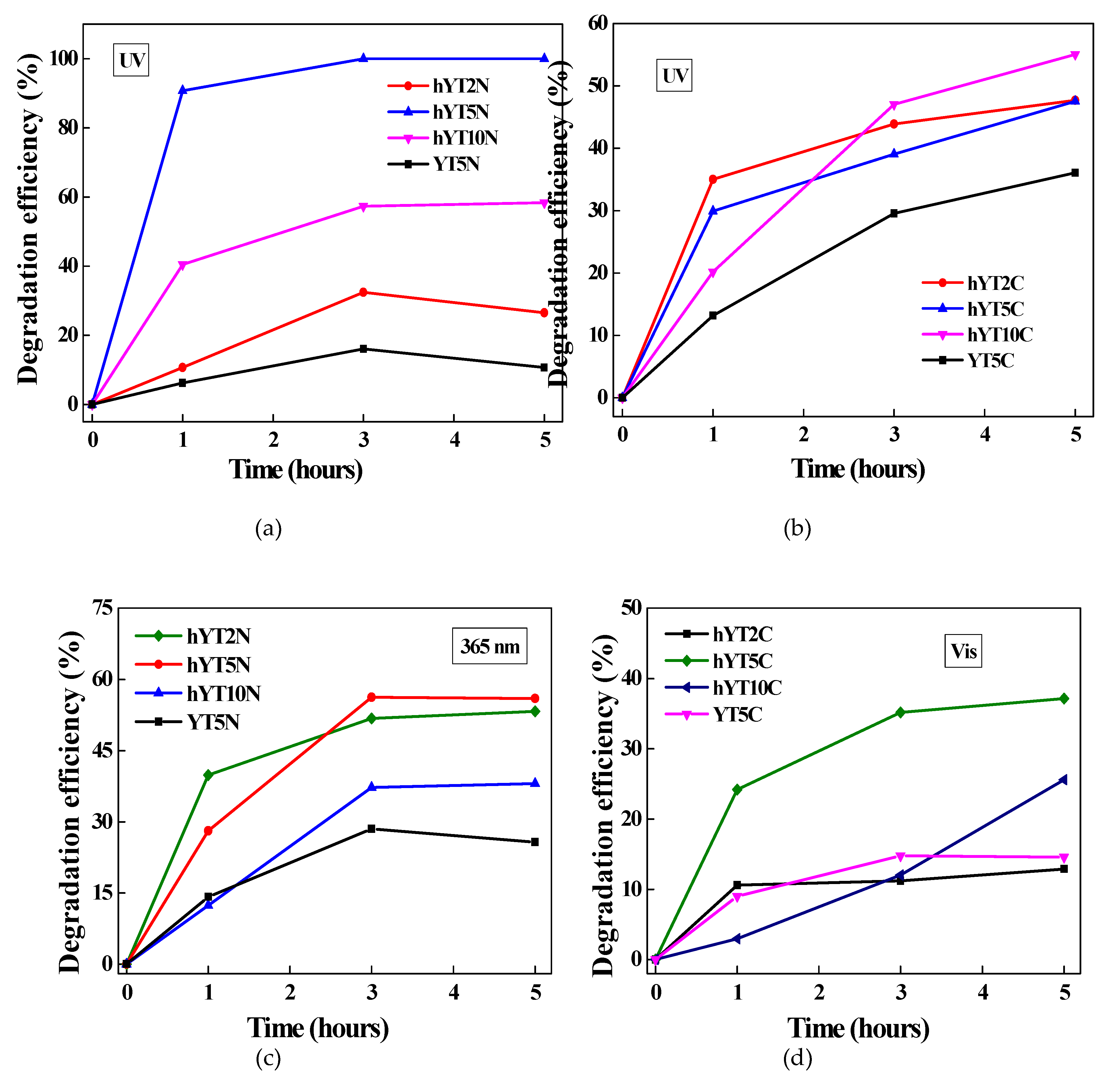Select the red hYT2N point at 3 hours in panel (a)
pos(363,292)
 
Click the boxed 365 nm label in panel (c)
pos(490,646)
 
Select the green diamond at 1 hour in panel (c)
pos(208,775)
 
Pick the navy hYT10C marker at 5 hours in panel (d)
pos(1063,780)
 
